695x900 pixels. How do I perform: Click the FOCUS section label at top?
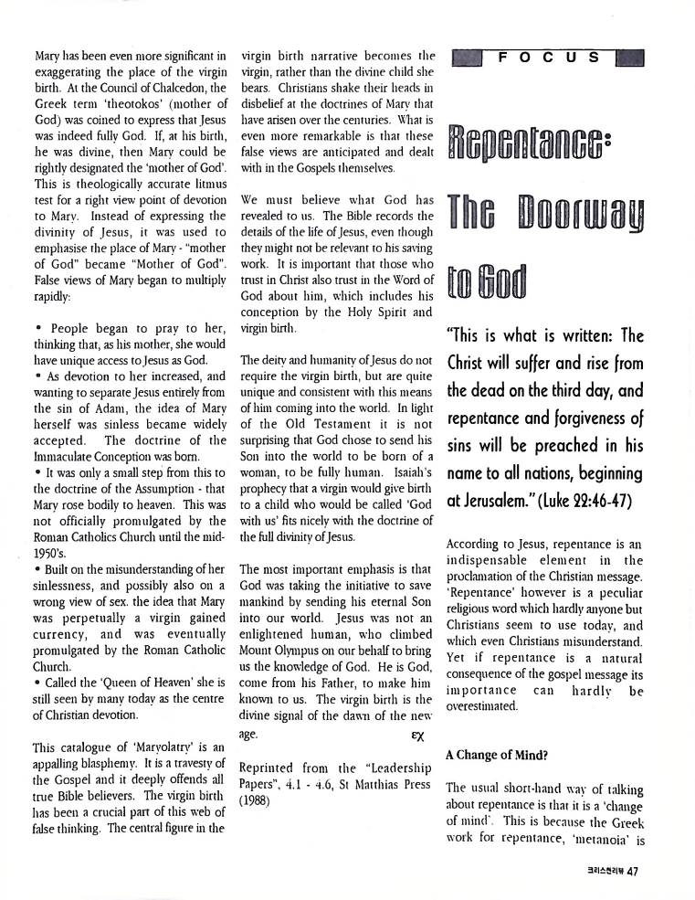coord(549,57)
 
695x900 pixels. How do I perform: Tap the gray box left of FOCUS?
coord(466,58)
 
